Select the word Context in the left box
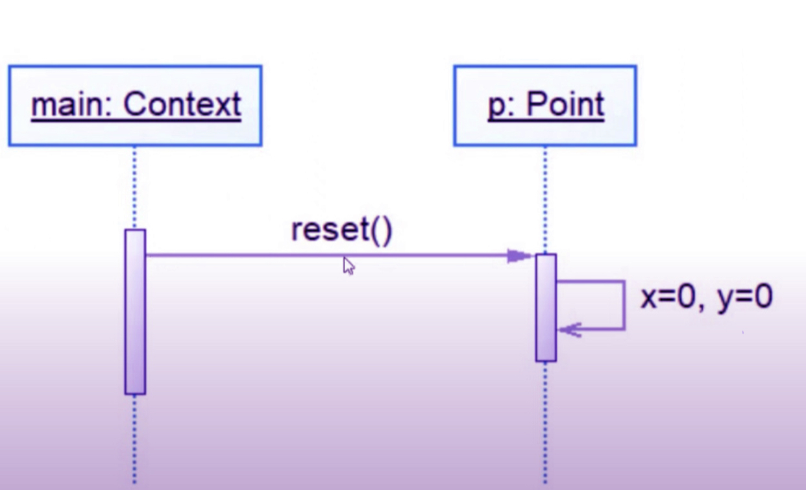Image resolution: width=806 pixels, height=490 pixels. tap(182, 104)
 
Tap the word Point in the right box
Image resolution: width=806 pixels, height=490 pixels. tap(565, 104)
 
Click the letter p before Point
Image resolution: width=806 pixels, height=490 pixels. tap(496, 107)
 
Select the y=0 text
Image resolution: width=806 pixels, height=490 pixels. tap(745, 298)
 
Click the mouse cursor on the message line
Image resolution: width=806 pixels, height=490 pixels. tap(348, 266)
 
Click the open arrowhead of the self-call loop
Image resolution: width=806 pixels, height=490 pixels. tap(569, 329)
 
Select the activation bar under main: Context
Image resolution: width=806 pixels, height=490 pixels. tap(135, 312)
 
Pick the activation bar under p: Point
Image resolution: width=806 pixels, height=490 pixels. tap(546, 308)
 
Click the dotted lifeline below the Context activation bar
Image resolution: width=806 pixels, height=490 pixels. tap(134, 439)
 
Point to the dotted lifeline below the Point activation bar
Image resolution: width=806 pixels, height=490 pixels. tap(545, 423)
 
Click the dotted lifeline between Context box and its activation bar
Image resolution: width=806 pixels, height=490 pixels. tap(134, 187)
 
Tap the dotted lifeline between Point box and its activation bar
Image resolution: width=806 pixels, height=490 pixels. tap(545, 200)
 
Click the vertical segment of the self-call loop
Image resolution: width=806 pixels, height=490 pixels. tap(624, 305)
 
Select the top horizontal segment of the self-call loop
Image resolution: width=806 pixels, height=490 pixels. tap(591, 282)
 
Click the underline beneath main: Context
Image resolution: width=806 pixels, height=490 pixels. tap(136, 120)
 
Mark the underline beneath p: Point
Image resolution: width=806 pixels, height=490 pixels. tap(546, 120)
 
